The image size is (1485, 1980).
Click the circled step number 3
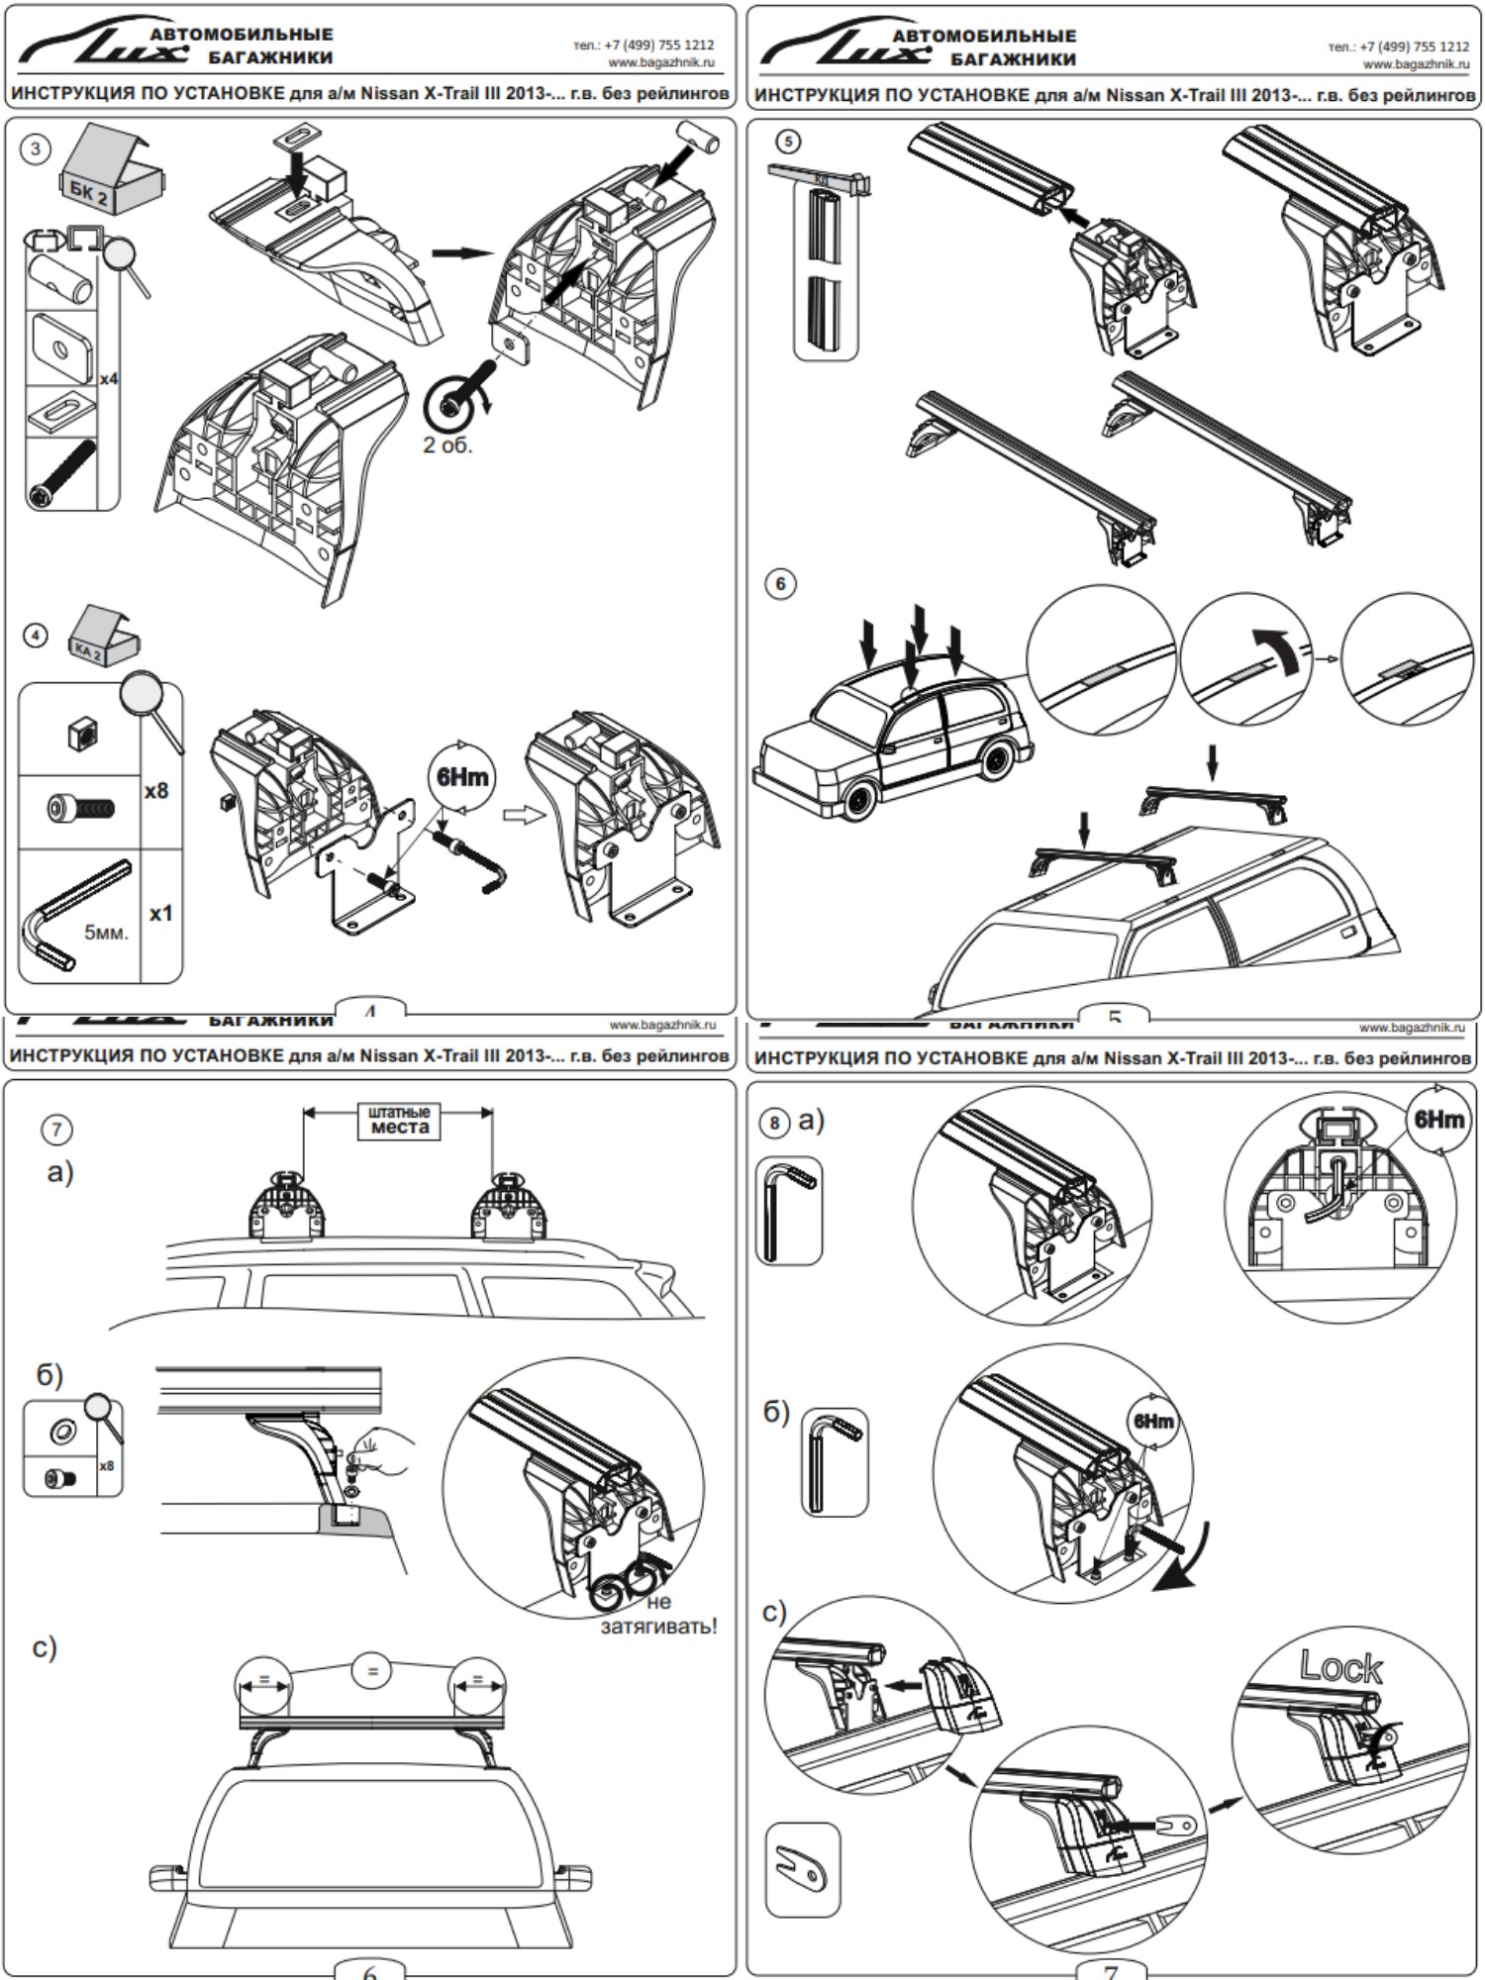pos(36,149)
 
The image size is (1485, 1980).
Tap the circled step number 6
pos(780,584)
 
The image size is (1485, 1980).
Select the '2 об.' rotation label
pos(447,445)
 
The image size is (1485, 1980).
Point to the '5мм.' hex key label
pos(106,932)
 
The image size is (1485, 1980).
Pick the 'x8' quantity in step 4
pos(156,791)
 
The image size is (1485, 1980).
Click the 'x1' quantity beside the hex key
pos(160,913)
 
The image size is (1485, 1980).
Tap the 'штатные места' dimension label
pos(399,1120)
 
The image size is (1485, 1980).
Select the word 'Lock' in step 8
pos(1340,1667)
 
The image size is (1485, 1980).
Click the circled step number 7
pos(56,1130)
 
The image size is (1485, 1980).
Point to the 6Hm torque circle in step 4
pos(462,777)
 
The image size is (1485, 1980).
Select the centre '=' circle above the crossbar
pos(372,1671)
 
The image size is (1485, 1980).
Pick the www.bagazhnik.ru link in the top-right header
pos(1416,64)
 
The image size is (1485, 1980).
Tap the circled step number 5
pos(788,142)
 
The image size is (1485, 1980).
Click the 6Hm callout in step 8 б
pos(1153,1422)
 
